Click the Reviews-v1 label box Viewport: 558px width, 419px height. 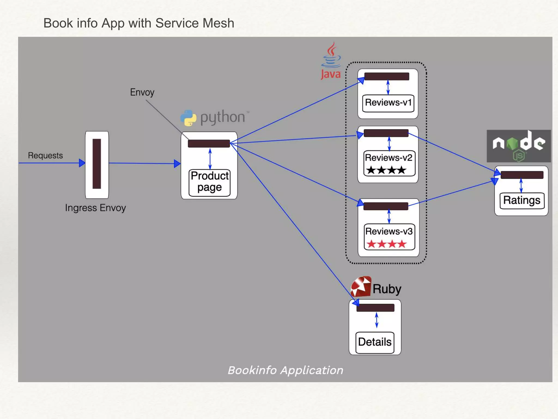click(388, 103)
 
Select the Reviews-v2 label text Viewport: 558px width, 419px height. click(389, 158)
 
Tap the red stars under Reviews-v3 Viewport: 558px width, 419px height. click(386, 244)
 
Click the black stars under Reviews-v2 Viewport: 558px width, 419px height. click(386, 170)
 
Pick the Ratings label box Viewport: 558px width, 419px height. click(522, 200)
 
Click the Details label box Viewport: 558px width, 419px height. click(375, 342)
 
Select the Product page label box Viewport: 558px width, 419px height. click(210, 182)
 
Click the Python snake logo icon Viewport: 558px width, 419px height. click(188, 118)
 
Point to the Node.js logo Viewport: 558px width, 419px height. click(518, 146)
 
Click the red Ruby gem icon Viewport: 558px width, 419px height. click(361, 286)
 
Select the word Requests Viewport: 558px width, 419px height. click(45, 155)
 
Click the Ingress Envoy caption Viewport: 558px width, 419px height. click(95, 208)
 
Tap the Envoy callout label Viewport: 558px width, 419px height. click(142, 92)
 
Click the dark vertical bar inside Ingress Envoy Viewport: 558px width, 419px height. click(97, 164)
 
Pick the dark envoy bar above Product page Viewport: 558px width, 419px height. click(209, 143)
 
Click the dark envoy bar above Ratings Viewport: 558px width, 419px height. click(522, 175)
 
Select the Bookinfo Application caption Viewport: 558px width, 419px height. click(285, 370)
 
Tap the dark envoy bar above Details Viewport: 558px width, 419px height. click(375, 308)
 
